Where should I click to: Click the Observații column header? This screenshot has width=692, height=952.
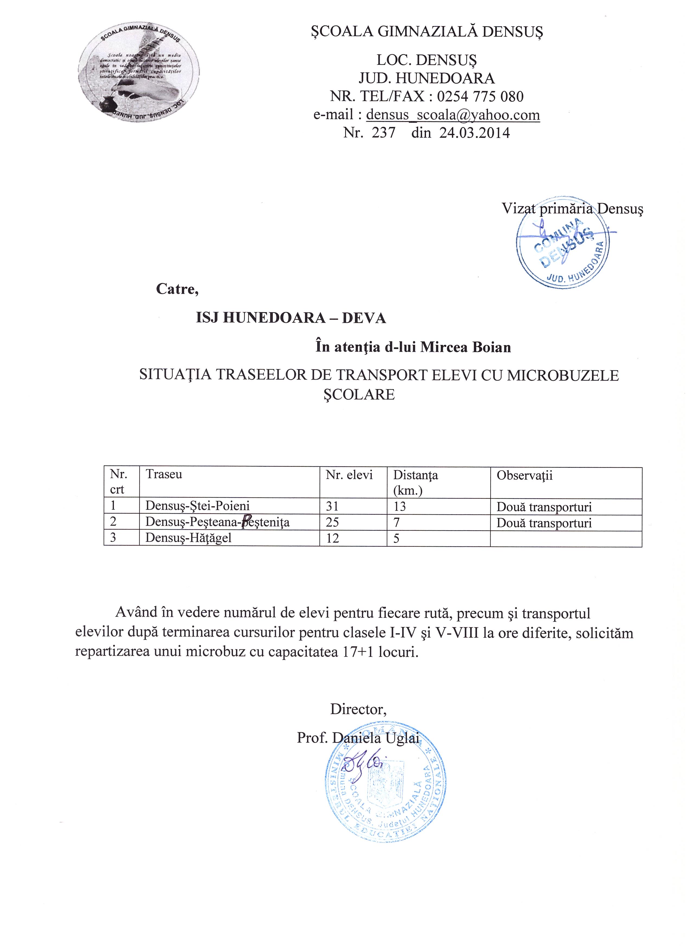525,475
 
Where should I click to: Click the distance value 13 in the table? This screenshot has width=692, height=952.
399,507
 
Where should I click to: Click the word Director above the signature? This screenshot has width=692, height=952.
358,709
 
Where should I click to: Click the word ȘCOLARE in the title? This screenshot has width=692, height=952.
359,395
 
